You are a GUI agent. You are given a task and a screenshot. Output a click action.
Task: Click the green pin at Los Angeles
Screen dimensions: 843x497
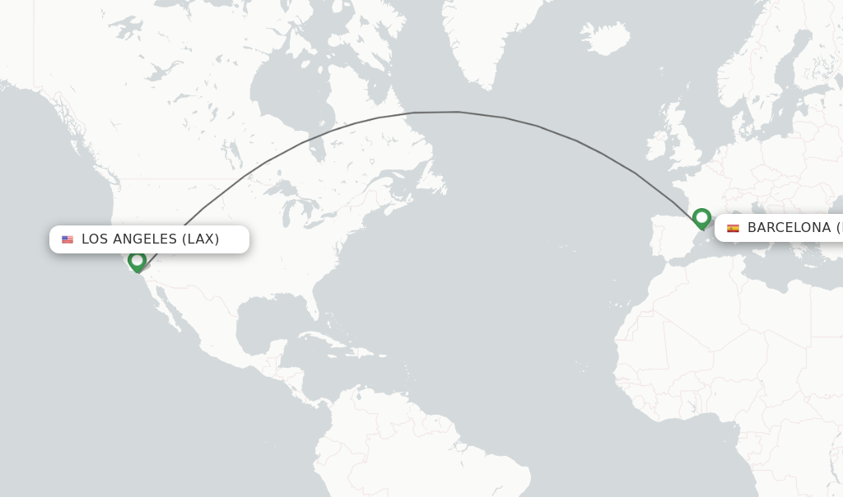[x=137, y=261]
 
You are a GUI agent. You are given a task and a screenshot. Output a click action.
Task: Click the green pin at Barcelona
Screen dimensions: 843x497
[x=701, y=218]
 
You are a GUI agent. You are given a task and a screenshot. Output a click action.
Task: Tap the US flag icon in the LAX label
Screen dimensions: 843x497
[x=68, y=239]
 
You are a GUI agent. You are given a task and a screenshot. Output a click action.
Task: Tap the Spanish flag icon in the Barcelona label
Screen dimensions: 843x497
[x=733, y=228]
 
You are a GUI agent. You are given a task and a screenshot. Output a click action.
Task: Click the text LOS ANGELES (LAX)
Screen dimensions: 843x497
[x=150, y=239]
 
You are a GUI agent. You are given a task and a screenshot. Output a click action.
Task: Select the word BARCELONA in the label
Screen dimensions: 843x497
[x=789, y=228]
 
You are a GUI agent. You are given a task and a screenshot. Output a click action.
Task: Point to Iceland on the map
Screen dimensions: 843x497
[x=604, y=38]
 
